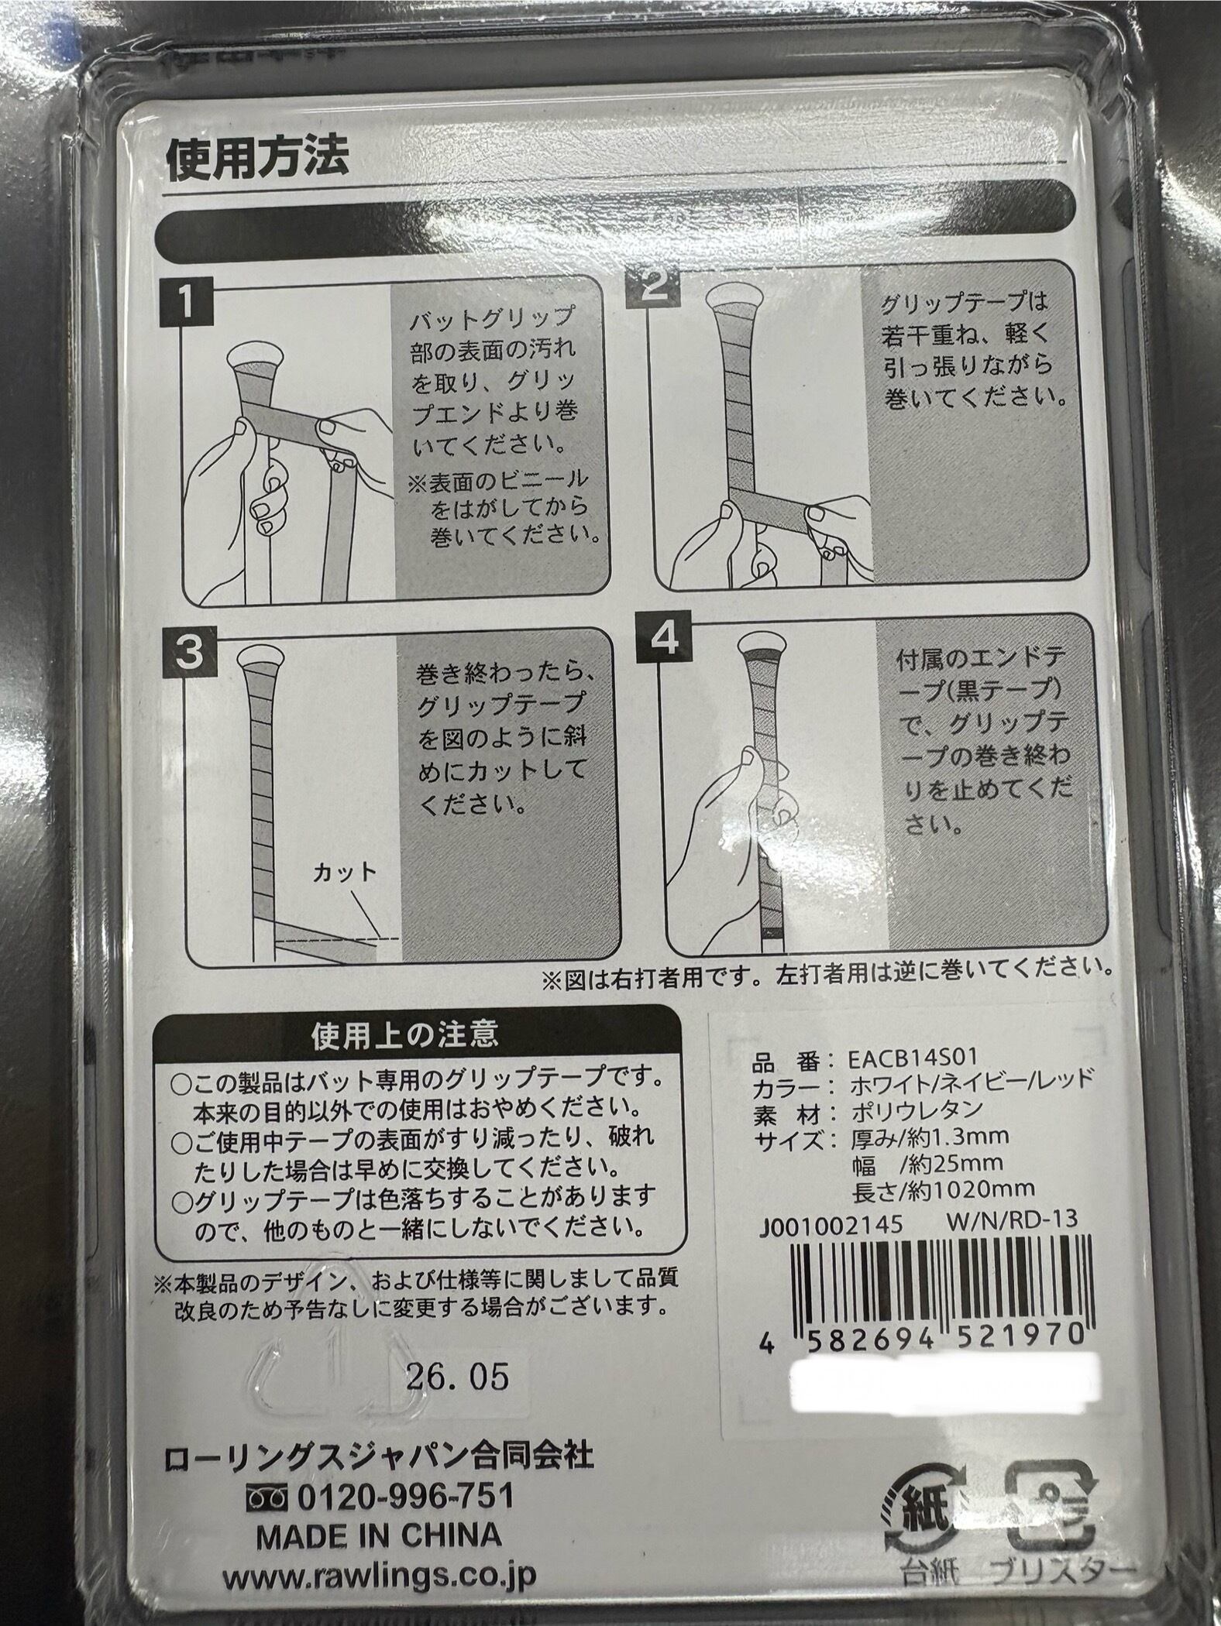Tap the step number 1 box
click(187, 304)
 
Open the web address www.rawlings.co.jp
click(379, 1577)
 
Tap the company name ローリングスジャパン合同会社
click(379, 1458)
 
